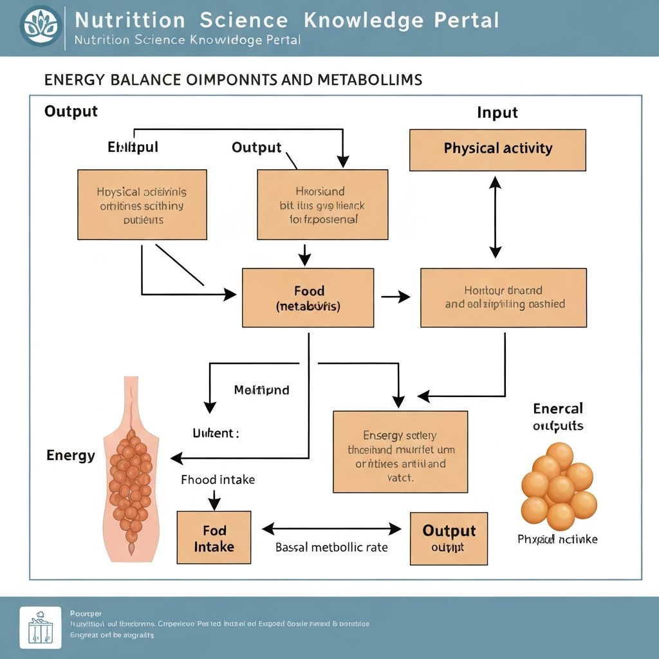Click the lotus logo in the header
[41, 26]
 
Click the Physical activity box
[497, 149]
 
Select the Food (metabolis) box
[308, 298]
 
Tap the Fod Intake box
[214, 538]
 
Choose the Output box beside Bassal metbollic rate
[449, 539]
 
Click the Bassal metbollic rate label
[331, 548]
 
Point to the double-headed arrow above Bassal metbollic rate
[331, 529]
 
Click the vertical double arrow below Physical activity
[495, 217]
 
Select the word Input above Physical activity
[497, 113]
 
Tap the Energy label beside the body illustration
[71, 456]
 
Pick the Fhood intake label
[218, 479]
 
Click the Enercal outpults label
[558, 417]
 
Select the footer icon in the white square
[41, 627]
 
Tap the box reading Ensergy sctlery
[400, 452]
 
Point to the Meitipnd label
[261, 390]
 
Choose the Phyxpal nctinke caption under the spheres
[557, 539]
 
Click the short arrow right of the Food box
[396, 297]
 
